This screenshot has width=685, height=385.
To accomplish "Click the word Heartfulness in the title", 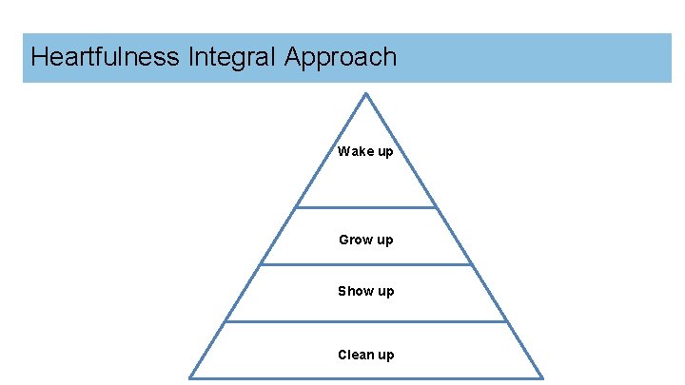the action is [104, 57].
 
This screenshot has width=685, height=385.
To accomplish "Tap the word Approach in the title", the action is [340, 58].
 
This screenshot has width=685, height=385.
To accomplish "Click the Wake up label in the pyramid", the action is [365, 151].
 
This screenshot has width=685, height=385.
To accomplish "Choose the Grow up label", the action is [365, 240].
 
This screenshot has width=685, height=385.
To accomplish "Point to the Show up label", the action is [365, 291].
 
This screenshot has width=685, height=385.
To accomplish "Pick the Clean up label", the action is [365, 355].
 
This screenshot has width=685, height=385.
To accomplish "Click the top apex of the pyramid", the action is [365, 93].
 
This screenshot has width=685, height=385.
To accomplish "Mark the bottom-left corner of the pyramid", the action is [190, 377].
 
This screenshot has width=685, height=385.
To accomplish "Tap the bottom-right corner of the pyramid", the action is [542, 377].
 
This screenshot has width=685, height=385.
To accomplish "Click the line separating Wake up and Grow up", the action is [365, 207].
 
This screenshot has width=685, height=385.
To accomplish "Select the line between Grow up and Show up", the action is [365, 264].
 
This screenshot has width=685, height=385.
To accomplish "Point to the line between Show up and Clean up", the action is [365, 321].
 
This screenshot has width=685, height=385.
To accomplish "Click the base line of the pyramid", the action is [365, 377].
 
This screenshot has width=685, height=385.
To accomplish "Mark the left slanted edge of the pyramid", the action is [278, 236].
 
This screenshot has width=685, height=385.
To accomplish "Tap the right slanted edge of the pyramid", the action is [454, 236].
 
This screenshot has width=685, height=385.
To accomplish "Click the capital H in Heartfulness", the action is [39, 57].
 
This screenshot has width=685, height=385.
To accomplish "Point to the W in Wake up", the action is [343, 151].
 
